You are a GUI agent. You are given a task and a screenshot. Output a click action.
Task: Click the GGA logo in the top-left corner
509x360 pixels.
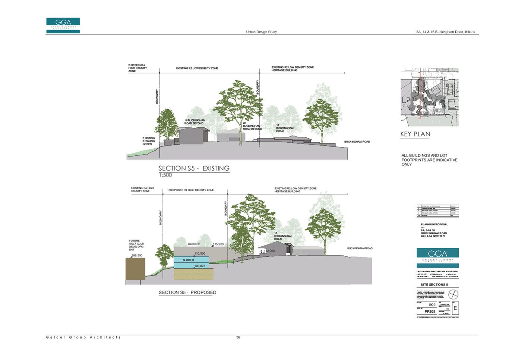63,25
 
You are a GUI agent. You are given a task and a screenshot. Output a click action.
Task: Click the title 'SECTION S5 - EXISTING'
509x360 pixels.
194,168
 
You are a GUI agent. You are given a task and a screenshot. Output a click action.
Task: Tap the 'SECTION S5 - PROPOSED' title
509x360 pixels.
187,293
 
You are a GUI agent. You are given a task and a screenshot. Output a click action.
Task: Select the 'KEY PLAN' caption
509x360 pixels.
415,134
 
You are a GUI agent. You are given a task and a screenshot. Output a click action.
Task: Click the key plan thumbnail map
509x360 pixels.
430,97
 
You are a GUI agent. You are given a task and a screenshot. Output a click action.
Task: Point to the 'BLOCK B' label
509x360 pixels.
188,260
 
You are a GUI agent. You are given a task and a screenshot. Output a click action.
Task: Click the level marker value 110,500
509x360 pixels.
200,253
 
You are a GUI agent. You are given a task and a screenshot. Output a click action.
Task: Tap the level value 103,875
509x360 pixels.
200,266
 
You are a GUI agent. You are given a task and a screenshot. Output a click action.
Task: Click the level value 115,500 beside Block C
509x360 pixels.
218,244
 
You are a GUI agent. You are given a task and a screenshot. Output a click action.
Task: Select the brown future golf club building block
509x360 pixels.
135,269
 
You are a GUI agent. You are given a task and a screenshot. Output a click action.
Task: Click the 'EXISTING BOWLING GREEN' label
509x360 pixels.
148,141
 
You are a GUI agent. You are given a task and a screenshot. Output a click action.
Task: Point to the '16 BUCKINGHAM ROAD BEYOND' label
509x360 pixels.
195,122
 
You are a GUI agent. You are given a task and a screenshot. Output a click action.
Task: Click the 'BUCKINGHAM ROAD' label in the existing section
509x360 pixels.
357,142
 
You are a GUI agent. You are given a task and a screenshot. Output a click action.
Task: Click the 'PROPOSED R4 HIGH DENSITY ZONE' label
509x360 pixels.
191,190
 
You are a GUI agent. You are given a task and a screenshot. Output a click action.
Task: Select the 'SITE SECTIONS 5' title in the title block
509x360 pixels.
434,285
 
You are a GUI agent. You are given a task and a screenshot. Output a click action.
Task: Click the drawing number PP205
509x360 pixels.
430,312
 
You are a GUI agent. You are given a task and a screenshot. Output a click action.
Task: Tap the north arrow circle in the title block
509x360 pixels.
453,294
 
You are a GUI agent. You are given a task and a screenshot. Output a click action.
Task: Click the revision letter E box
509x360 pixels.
455,308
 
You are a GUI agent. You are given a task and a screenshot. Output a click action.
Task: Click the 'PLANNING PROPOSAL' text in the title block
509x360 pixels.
434,224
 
